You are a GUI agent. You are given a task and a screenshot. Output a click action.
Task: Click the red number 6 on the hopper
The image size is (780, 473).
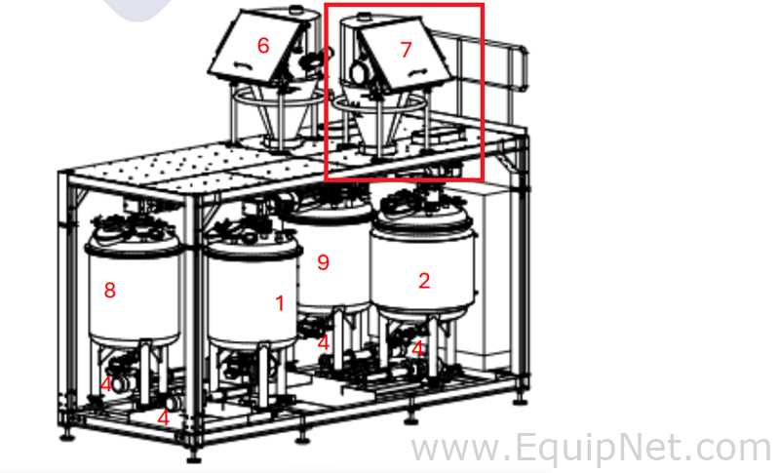click(x=263, y=46)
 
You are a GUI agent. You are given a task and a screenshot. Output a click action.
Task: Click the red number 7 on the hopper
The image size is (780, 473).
click(x=406, y=49)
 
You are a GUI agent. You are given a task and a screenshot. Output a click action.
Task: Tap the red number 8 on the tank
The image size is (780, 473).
click(x=110, y=290)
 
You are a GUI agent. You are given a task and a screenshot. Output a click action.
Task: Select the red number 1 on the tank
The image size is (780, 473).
click(x=280, y=303)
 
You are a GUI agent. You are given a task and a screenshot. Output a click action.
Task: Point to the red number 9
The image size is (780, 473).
click(x=324, y=261)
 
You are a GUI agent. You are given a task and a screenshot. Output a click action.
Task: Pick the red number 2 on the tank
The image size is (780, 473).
click(x=424, y=281)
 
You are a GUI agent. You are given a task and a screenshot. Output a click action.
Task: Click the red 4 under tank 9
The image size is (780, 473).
click(x=324, y=342)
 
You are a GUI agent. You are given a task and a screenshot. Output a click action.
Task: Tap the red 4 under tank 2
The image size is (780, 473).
click(x=417, y=349)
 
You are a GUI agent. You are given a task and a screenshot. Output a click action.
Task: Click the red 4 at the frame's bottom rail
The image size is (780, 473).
click(x=163, y=418)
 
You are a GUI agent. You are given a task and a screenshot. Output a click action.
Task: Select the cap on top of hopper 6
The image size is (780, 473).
click(x=296, y=9)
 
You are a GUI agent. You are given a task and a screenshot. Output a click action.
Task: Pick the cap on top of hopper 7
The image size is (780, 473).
click(x=364, y=17)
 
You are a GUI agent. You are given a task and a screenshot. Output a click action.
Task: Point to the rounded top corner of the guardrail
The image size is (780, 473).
click(x=524, y=49)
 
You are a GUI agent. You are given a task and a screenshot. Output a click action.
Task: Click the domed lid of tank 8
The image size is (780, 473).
click(x=134, y=235)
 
